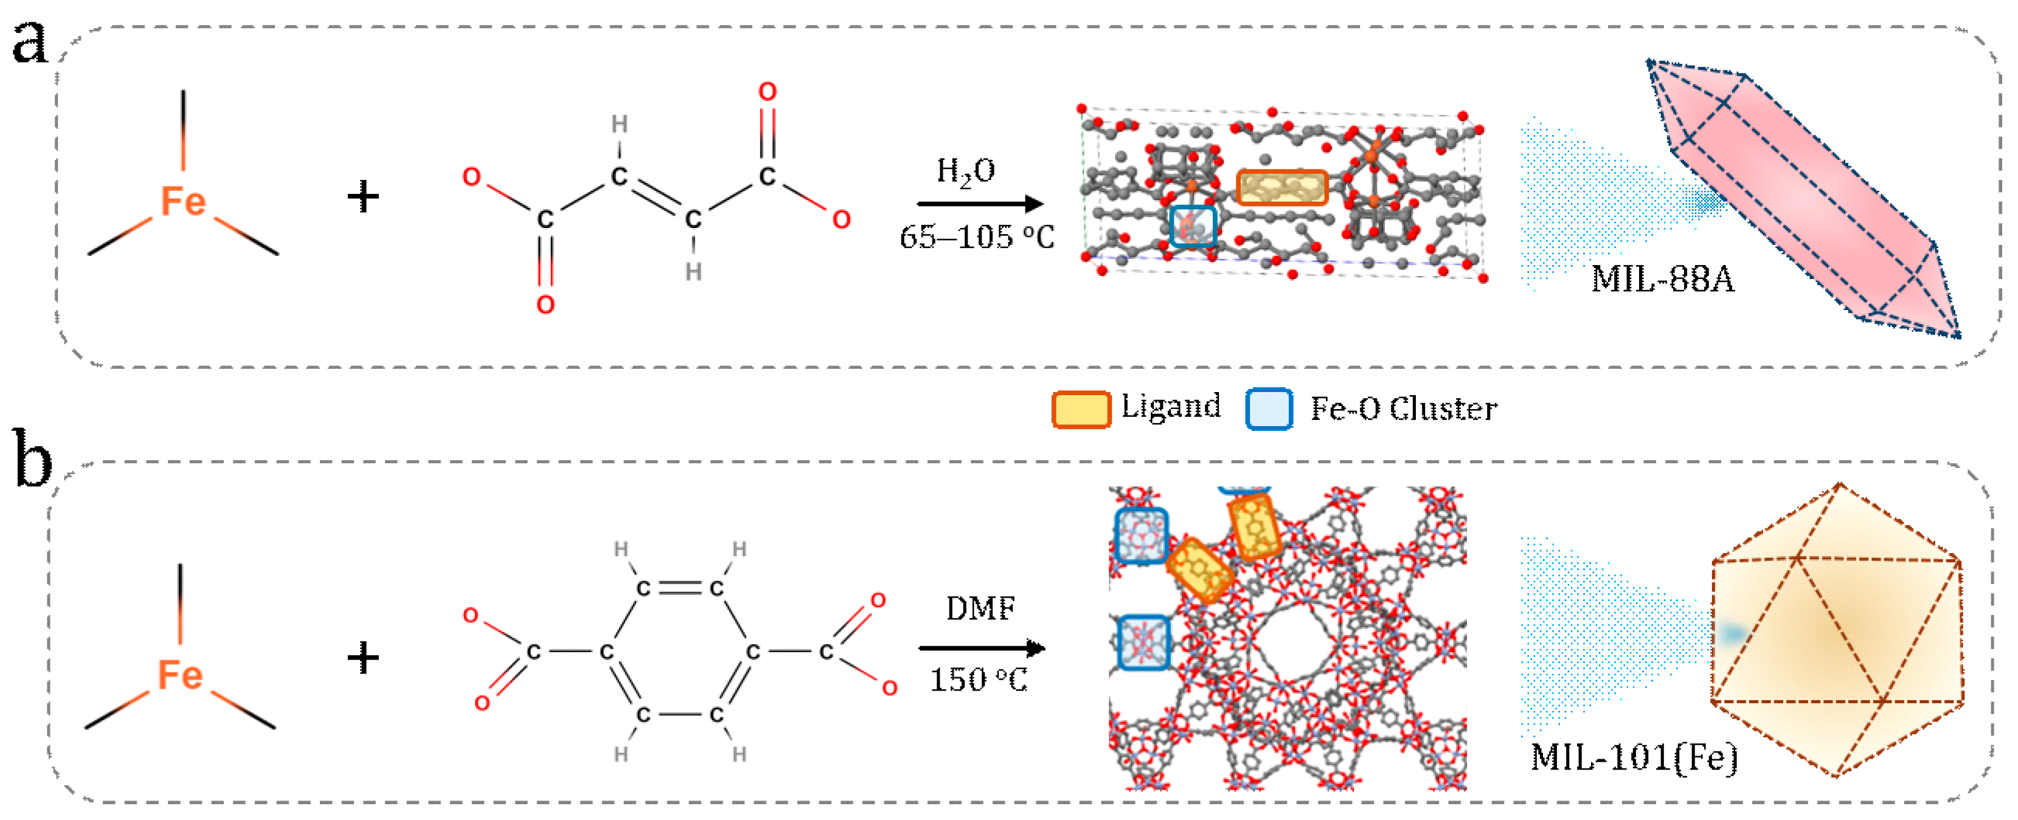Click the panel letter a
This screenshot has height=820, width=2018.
29,43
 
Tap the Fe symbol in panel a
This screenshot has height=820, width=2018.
183,202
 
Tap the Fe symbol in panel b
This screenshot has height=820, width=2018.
180,675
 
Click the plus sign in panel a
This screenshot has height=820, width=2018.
362,196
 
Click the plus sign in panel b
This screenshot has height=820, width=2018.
362,657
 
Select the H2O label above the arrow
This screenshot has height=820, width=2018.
965,171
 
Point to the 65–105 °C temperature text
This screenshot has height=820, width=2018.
976,236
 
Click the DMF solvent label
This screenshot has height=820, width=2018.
980,608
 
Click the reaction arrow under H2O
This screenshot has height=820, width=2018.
979,204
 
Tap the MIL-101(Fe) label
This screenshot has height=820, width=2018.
1634,757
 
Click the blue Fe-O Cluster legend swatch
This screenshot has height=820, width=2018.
1268,409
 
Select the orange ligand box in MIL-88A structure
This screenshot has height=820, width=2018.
1281,188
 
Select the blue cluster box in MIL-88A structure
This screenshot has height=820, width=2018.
1192,226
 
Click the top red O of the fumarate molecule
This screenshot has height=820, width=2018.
767,92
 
